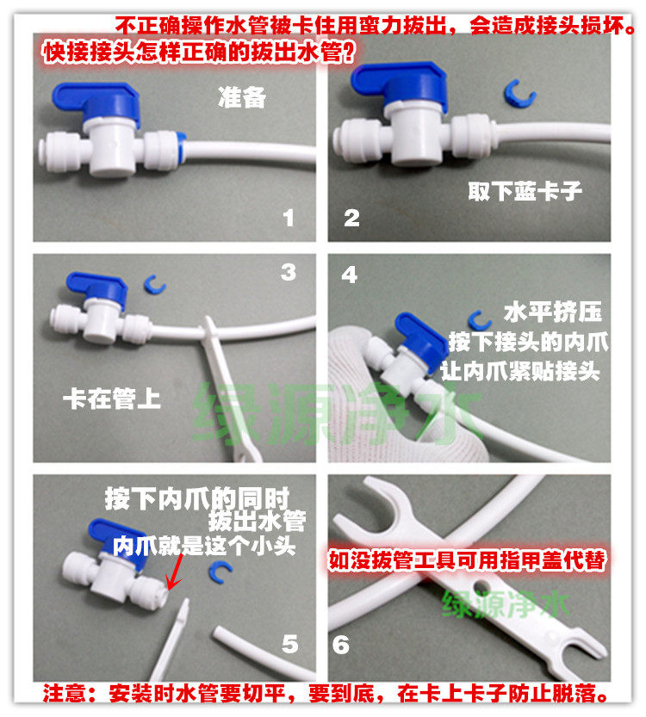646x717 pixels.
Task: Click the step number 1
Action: tap(289, 218)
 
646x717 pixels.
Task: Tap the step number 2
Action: tap(351, 218)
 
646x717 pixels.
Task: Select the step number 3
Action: tap(289, 272)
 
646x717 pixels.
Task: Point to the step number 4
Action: tap(349, 275)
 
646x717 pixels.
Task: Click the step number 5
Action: tap(290, 644)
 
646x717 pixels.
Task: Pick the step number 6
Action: tap(341, 645)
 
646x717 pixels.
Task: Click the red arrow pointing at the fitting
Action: tap(175, 572)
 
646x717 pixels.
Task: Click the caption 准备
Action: tap(242, 97)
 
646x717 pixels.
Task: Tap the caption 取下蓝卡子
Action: tap(525, 191)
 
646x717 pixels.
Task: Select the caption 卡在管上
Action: tap(112, 399)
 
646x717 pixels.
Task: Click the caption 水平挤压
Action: tap(553, 312)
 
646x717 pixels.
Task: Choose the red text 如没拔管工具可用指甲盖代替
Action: tap(467, 560)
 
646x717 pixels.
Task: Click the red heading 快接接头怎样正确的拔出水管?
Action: tap(199, 53)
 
